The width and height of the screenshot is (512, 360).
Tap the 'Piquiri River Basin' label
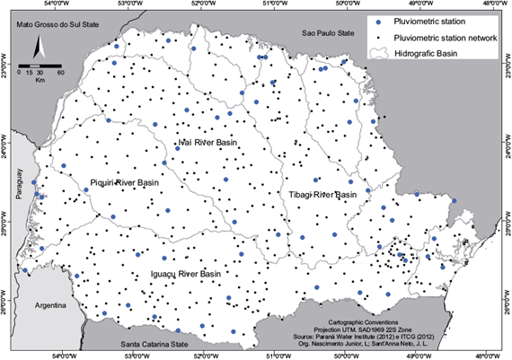pyautogui.click(x=125, y=182)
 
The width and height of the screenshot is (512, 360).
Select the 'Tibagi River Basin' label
pyautogui.click(x=322, y=194)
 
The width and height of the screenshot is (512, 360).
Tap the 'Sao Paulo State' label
pyautogui.click(x=330, y=32)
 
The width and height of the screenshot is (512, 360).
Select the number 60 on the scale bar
pyautogui.click(x=59, y=73)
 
